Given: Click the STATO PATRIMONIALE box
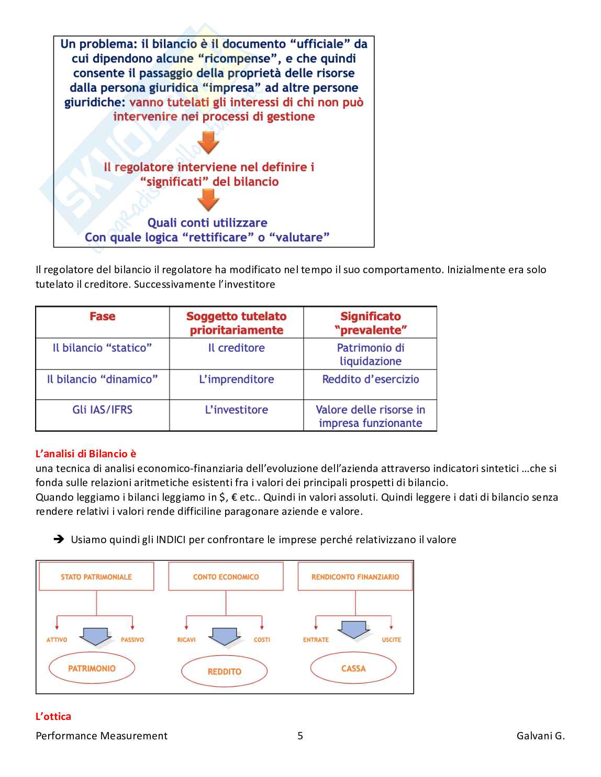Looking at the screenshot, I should coord(96,577).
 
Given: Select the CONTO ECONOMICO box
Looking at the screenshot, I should coord(226,577).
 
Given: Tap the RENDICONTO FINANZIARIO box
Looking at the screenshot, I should coord(355,577).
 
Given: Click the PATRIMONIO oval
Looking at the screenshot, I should coord(92,668).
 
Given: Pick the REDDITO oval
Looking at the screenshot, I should coord(224,671).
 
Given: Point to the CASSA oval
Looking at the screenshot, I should coord(353,668).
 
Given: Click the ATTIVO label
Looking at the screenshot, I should coord(57,639).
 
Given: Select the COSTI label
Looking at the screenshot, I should coord(262,639).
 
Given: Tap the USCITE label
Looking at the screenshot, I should coord(391,639).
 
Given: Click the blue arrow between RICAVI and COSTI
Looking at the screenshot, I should coord(225,635).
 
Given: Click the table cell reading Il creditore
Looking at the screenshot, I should coord(237,348).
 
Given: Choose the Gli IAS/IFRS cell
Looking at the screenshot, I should coord(103,410).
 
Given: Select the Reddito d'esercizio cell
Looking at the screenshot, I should coord(370,379).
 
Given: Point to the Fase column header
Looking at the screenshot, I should coord(103,317).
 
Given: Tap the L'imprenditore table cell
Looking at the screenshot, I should coord(237,379).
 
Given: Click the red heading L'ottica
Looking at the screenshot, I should coord(53,716).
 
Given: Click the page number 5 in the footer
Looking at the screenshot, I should coord(300,736).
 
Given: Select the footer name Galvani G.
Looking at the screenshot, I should coord(540,736).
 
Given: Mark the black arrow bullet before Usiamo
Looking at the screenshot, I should coord(59,539).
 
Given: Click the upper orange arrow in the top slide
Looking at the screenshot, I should coord(208,142).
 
